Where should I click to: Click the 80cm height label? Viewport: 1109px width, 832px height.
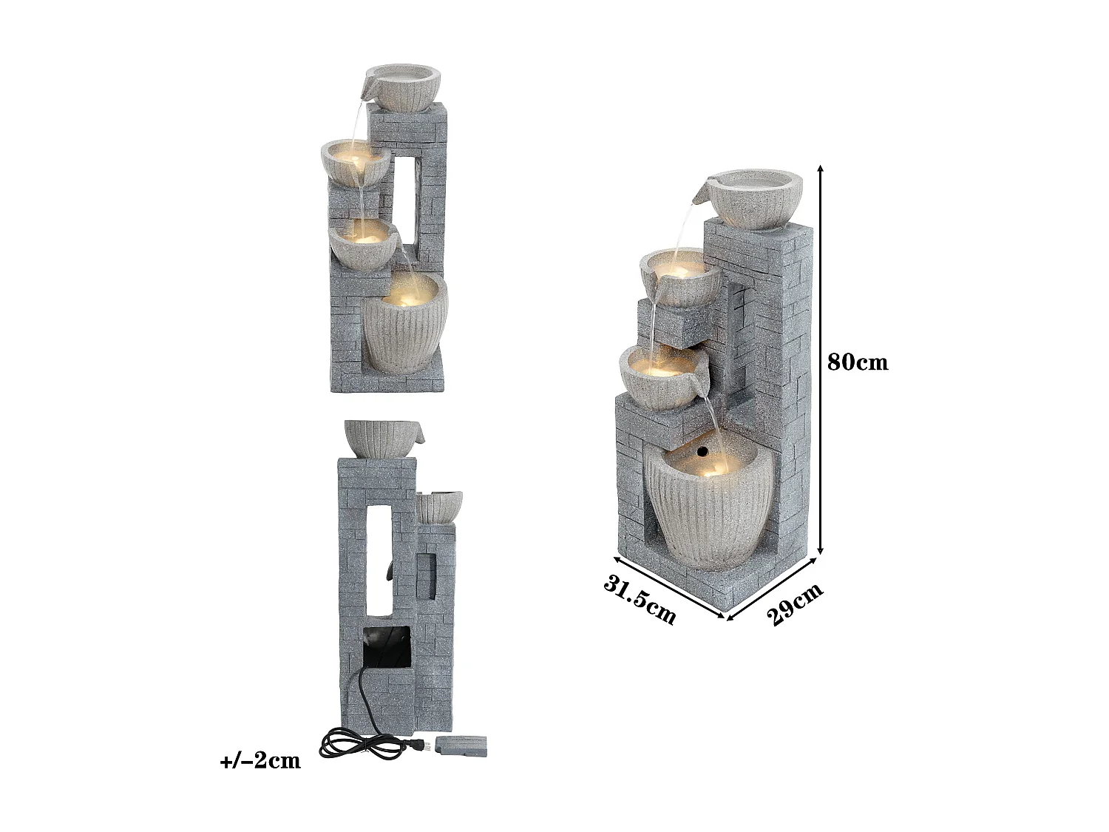coord(858,362)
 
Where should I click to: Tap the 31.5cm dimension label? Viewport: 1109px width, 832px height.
coord(640,598)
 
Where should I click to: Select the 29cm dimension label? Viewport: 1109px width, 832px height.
coord(794,604)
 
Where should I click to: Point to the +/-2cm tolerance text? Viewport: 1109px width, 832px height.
coord(260,761)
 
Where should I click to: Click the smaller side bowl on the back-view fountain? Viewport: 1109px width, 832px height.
coord(438,507)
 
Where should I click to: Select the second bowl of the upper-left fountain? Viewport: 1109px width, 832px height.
coord(355,162)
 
